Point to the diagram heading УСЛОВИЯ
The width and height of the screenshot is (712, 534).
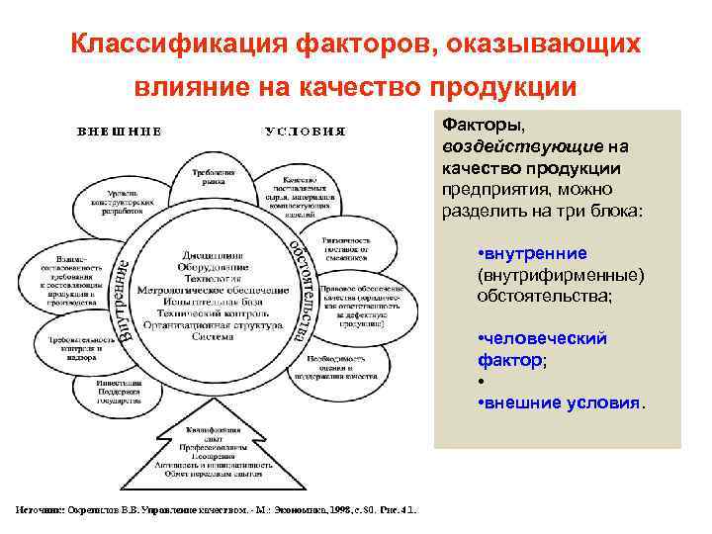click(x=305, y=132)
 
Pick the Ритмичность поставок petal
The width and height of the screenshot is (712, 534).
click(x=346, y=248)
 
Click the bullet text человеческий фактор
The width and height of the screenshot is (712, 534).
click(x=541, y=350)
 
